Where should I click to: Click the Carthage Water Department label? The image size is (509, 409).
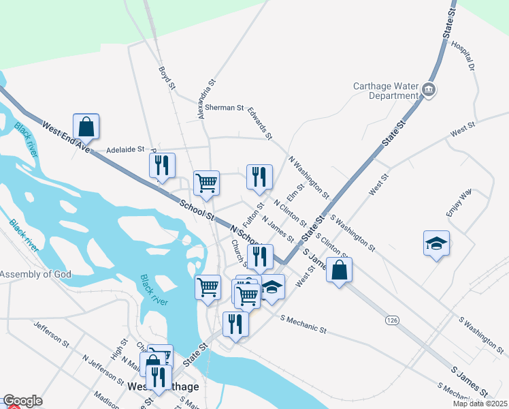384,91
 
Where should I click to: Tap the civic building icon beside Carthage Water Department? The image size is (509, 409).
429,89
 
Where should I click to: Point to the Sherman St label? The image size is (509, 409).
225,108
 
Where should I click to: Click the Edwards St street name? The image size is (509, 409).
259,123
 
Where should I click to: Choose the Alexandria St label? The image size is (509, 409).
206,99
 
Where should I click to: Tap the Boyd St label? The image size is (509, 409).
167,78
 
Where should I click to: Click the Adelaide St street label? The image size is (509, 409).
126,149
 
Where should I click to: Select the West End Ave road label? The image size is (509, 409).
66,136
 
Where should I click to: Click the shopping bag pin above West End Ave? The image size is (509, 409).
86,127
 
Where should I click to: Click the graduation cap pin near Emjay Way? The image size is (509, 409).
436,244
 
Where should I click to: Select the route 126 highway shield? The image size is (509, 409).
391,320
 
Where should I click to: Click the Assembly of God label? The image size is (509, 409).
35,275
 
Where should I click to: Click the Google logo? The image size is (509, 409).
22,402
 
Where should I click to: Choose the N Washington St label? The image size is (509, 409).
309,176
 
